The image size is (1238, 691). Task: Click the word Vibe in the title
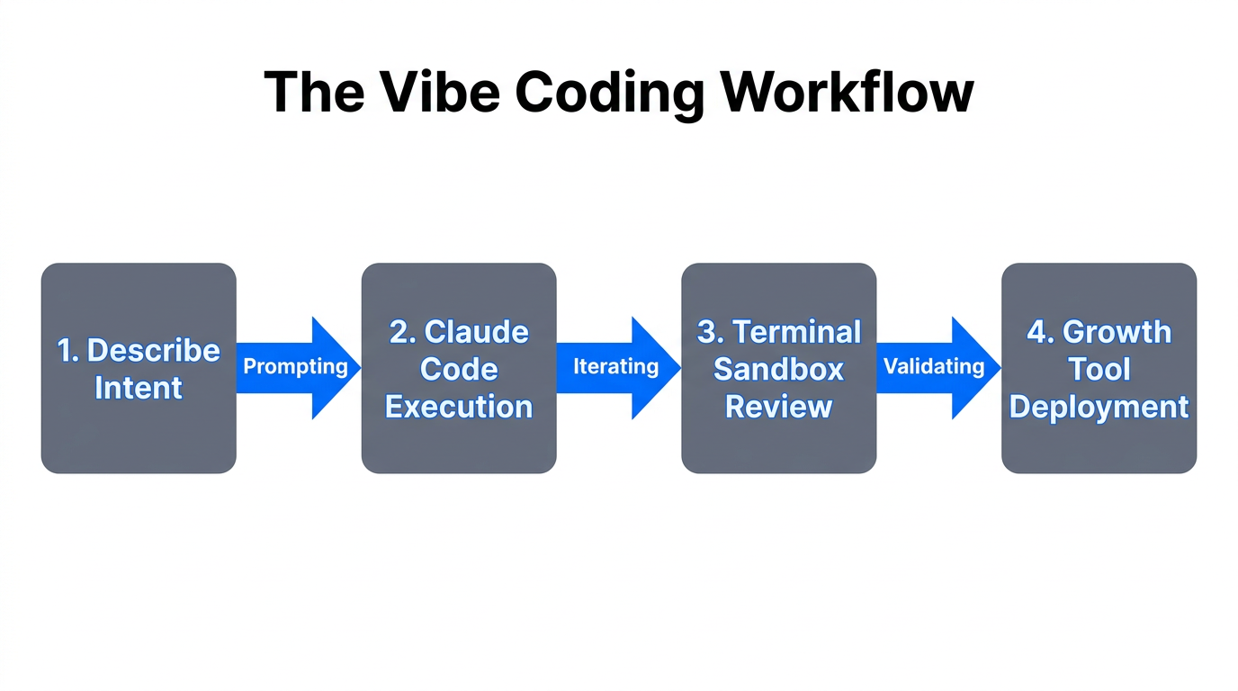[440, 91]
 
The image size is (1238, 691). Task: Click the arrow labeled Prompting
[297, 367]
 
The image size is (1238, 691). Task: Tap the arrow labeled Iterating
[617, 367]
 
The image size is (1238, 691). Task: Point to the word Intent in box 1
[139, 388]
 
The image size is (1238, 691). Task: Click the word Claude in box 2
[476, 332]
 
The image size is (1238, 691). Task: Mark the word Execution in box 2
[459, 407]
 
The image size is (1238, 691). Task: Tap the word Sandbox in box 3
[778, 370]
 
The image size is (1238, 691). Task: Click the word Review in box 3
[778, 407]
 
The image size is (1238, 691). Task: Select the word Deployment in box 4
[1099, 407]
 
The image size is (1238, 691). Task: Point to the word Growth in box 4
[1117, 332]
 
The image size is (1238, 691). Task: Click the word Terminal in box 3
[796, 332]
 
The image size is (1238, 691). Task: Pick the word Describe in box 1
[153, 350]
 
